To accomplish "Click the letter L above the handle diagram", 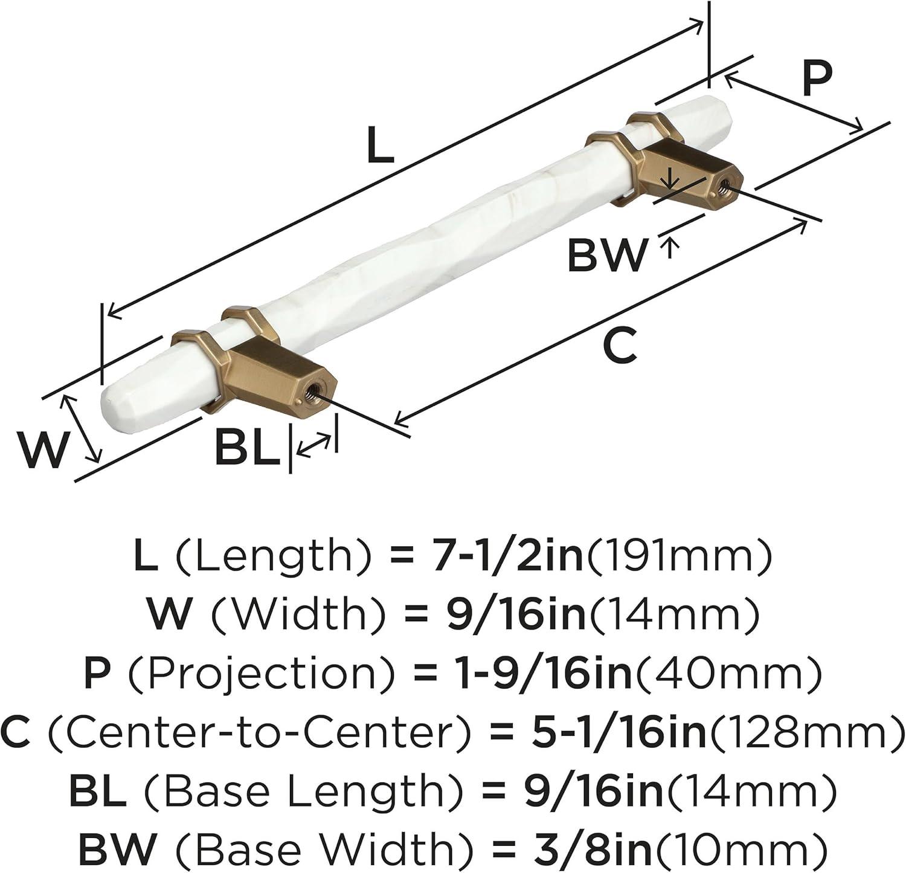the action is pyautogui.click(x=381, y=147).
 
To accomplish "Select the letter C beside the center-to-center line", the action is pyautogui.click(x=620, y=346).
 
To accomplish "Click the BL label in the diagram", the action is pyautogui.click(x=248, y=448).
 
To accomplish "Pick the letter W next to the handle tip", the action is pyautogui.click(x=40, y=450).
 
